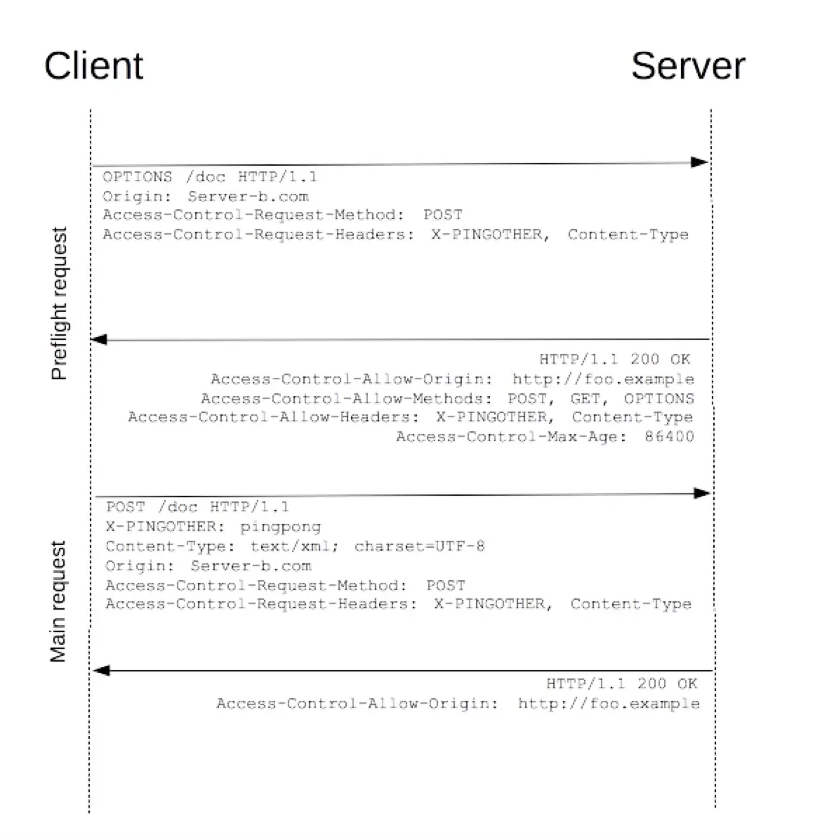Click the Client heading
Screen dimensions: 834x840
click(93, 66)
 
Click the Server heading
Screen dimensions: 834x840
click(687, 66)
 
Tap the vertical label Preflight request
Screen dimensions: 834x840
click(60, 303)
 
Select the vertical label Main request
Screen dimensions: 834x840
click(58, 601)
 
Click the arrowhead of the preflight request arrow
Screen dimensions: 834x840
click(699, 162)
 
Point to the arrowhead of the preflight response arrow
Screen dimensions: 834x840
click(100, 340)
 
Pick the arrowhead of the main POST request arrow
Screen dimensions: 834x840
click(701, 493)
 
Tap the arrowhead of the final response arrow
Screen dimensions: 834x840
click(102, 671)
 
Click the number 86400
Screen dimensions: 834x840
click(669, 437)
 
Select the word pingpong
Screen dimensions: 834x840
click(281, 527)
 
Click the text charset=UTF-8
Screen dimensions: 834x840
click(419, 546)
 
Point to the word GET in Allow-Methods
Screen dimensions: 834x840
click(585, 399)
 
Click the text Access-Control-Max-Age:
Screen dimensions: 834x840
click(511, 437)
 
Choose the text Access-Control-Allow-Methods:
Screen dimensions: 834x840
click(347, 399)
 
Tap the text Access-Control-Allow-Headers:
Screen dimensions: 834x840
click(274, 417)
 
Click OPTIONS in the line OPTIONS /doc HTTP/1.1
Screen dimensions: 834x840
click(137, 177)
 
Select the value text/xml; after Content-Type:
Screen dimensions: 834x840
click(295, 546)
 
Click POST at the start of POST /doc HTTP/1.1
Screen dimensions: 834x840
click(126, 507)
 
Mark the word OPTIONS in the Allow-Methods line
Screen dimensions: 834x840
click(658, 399)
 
